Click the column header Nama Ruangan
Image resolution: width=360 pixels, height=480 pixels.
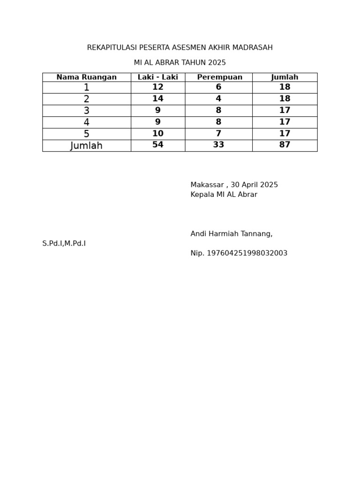pos(86,77)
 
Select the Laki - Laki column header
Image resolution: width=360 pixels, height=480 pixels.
pos(157,77)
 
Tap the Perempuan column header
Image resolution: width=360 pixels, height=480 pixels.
pos(219,77)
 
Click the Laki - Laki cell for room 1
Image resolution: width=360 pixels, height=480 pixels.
pos(157,87)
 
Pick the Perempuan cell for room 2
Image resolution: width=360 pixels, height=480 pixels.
pos(218,99)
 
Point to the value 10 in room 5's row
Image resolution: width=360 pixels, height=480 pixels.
pos(157,134)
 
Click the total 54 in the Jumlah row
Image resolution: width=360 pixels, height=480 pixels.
pos(157,145)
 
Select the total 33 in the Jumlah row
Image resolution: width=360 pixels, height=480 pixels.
pos(218,145)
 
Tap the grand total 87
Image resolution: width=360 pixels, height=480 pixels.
pos(285,145)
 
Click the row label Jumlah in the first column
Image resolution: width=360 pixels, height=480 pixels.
pos(86,146)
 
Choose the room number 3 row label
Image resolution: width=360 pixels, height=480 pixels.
pos(86,111)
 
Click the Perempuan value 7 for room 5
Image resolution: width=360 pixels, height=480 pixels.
pos(218,134)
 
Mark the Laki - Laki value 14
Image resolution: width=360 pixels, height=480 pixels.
pos(157,99)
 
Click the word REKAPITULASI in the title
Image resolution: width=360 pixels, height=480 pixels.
pos(112,48)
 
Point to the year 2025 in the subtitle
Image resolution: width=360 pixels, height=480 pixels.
pos(217,63)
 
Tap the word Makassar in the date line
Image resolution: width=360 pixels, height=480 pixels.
pos(207,185)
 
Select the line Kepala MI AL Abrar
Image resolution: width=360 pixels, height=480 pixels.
pos(224,195)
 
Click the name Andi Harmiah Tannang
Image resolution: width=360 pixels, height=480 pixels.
pos(231,234)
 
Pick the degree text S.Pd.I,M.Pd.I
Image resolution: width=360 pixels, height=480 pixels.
pos(64,244)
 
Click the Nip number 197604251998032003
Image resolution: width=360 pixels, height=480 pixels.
pos(247,254)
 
